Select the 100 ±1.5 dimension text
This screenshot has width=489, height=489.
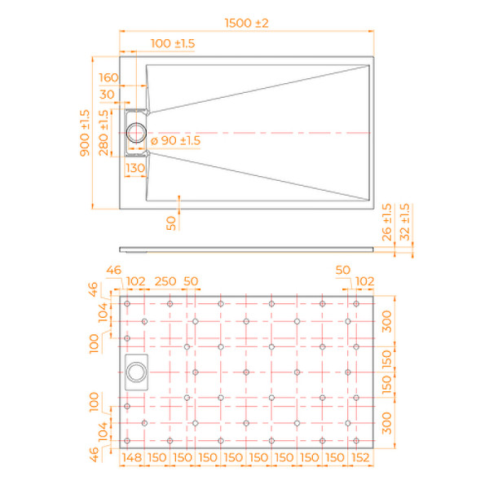[x=173, y=43]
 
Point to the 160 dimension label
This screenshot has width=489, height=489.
[x=108, y=78]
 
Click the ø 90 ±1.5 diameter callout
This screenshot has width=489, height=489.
[x=175, y=141]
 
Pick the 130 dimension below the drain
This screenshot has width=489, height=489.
[x=134, y=168]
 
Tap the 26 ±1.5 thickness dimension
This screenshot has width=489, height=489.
[x=388, y=222]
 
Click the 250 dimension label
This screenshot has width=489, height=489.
[x=165, y=281]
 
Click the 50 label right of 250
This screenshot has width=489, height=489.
[x=192, y=281]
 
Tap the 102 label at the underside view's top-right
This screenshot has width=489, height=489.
[x=365, y=281]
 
